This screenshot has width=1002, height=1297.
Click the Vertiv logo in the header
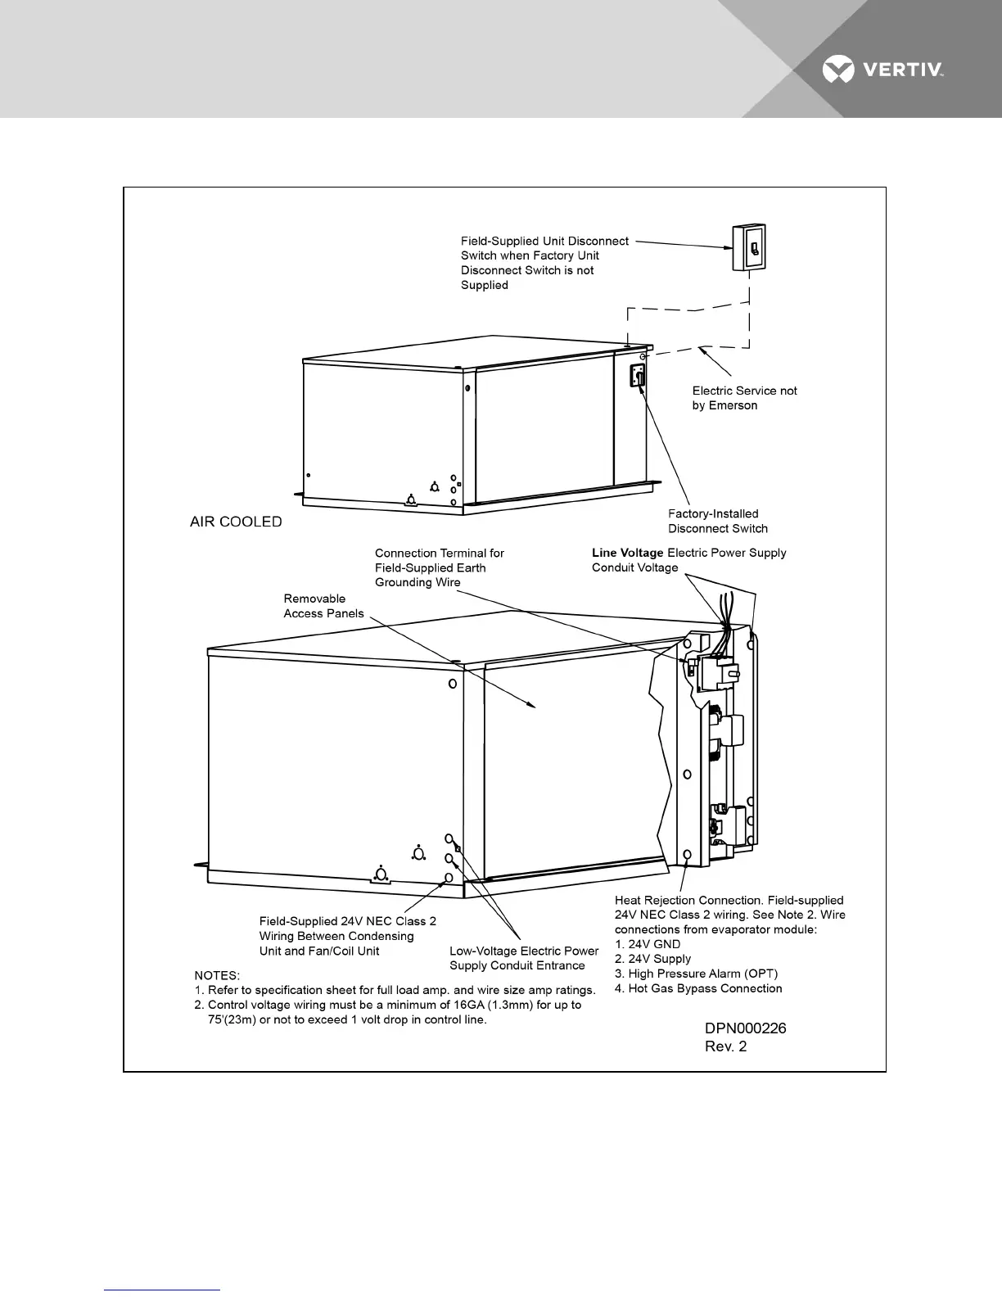click(x=883, y=70)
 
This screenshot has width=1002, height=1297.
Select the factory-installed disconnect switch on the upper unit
click(x=638, y=376)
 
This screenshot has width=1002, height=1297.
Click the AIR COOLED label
click(x=236, y=522)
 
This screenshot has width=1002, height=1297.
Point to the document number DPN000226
click(x=746, y=1028)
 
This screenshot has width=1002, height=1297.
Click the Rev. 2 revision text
click(x=726, y=1046)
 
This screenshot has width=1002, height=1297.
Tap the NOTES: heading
click(x=217, y=975)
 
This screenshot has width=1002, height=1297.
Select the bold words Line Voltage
click(x=628, y=553)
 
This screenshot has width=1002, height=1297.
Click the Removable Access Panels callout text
click(x=323, y=606)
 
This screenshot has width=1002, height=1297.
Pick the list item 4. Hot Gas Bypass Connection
click(x=698, y=988)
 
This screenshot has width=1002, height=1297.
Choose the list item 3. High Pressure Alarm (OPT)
click(x=696, y=974)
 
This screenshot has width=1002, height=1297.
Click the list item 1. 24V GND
click(x=648, y=944)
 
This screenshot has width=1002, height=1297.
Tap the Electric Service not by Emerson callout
click(x=744, y=398)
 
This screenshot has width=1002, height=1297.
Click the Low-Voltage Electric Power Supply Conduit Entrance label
click(x=524, y=958)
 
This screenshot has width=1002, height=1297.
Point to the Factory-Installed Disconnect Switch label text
click(x=717, y=521)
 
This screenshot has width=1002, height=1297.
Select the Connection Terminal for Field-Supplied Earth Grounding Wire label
click(x=440, y=567)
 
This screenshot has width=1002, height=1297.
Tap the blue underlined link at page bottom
click(x=163, y=1290)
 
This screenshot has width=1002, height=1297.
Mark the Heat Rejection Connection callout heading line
click(x=729, y=900)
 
